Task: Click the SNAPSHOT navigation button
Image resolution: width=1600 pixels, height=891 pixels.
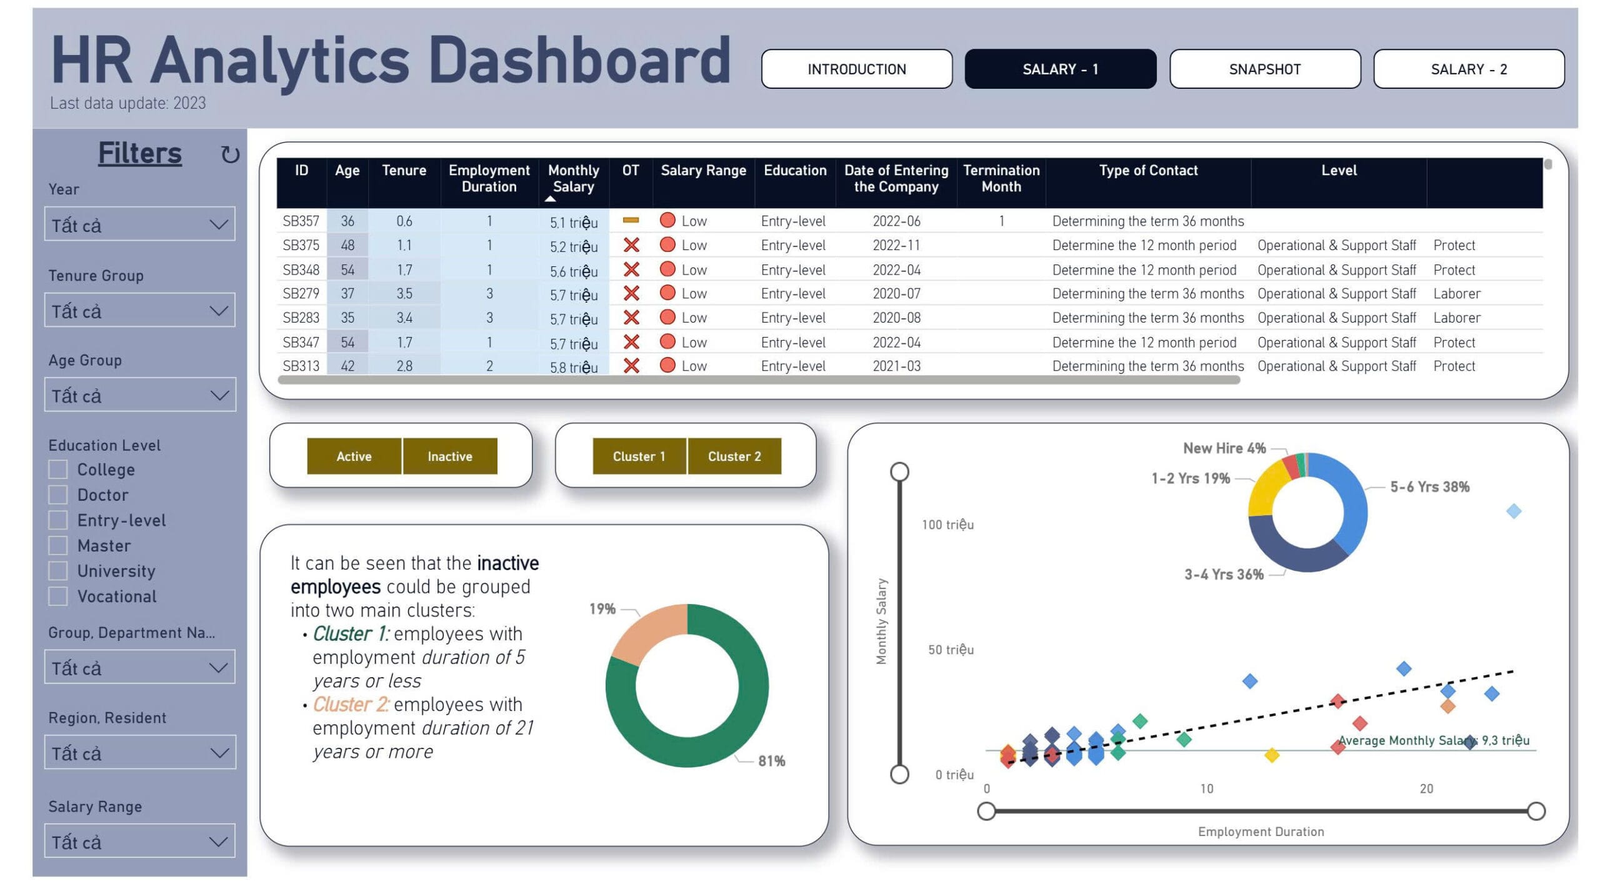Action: [1264, 69]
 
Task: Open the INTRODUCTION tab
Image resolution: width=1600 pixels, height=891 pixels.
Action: [856, 69]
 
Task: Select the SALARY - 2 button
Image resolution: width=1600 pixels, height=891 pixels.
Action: [1468, 69]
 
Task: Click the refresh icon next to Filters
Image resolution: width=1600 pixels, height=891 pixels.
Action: [230, 154]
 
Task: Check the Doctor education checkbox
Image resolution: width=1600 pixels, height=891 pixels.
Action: [58, 495]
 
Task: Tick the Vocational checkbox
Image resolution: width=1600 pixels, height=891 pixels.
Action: [58, 596]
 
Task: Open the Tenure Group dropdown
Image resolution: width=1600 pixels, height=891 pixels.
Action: [139, 311]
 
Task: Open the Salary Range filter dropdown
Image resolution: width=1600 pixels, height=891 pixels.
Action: [139, 842]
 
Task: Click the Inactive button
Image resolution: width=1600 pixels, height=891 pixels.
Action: [449, 456]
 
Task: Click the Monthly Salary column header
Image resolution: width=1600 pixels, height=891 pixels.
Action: [573, 179]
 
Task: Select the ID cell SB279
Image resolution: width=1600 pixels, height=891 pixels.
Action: [301, 293]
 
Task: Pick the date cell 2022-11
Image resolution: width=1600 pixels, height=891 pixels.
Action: [896, 245]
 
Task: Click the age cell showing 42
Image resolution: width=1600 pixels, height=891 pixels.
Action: [347, 366]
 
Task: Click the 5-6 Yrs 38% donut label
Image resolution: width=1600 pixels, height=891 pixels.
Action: [1429, 487]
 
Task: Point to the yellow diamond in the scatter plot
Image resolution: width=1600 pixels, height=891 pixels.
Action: [1271, 755]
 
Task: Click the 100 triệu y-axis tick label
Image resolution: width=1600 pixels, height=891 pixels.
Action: [947, 525]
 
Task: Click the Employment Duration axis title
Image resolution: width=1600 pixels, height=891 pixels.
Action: [1261, 832]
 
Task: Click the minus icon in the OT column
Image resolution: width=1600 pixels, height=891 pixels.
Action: [631, 220]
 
